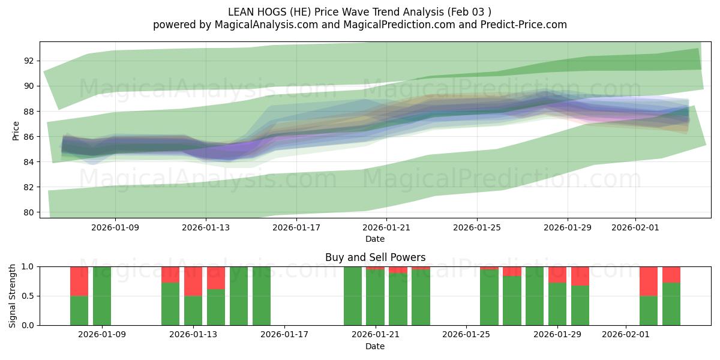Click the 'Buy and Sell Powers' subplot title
point(375,257)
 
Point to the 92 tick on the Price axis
point(29,61)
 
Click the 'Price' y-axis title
point(16,131)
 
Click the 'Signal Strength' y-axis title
point(13,296)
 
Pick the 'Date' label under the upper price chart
point(375,239)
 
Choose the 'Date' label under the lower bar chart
point(375,346)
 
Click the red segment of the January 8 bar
point(79,281)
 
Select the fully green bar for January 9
point(102,296)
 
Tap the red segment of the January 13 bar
point(193,281)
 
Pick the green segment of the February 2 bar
point(649,310)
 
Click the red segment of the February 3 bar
point(671,274)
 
